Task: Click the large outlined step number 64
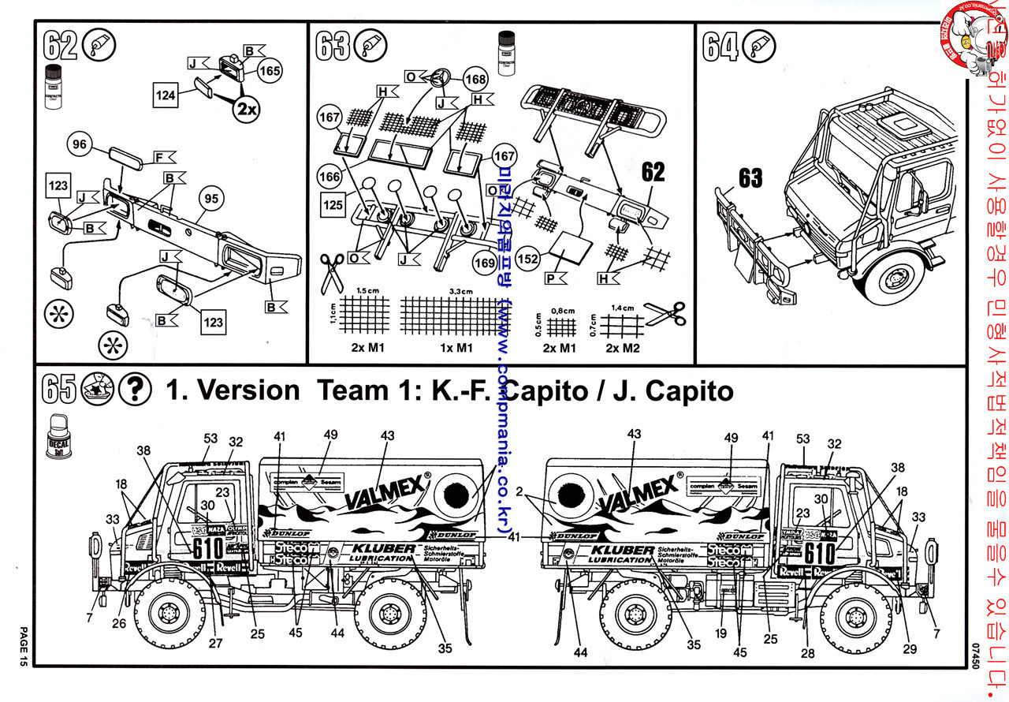pos(721,46)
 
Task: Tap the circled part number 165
pos(270,71)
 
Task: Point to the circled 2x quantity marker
pos(245,110)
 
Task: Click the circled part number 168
pos(475,79)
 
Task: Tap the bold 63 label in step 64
pos(750,177)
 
